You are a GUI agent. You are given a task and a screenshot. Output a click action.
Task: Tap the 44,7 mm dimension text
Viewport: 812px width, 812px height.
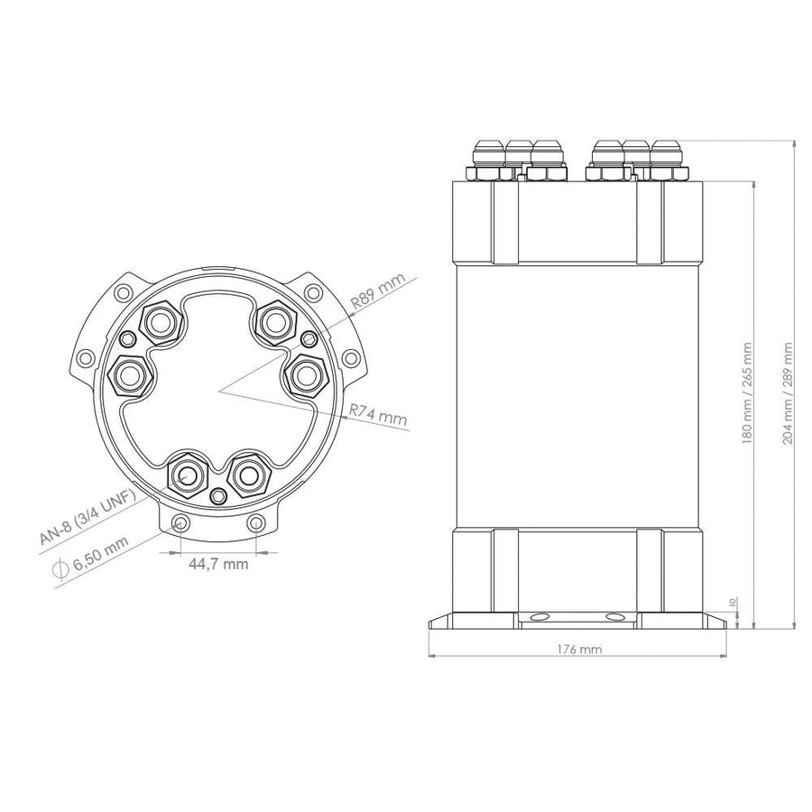click(218, 563)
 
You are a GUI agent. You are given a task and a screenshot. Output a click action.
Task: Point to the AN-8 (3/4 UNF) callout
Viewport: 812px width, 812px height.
click(87, 516)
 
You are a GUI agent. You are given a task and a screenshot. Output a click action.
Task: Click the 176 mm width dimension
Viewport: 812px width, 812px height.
click(579, 649)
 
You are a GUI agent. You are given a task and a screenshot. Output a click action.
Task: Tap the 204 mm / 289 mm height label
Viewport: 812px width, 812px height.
click(788, 392)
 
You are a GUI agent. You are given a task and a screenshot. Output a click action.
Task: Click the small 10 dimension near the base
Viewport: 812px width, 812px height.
click(732, 603)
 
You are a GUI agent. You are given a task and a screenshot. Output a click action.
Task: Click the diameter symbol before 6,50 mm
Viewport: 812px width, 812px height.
click(61, 568)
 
